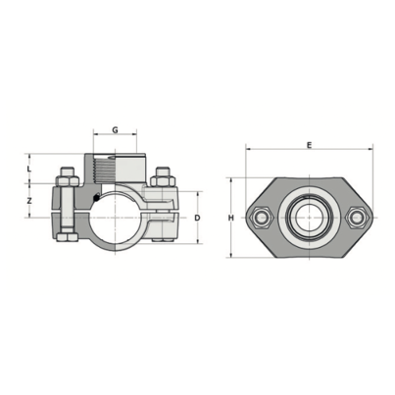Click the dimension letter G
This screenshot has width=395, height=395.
click(117, 129)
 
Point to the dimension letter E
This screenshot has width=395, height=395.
click(309, 145)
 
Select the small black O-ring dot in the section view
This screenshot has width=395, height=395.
click(95, 203)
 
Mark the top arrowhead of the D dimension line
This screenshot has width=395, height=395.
click(196, 192)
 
